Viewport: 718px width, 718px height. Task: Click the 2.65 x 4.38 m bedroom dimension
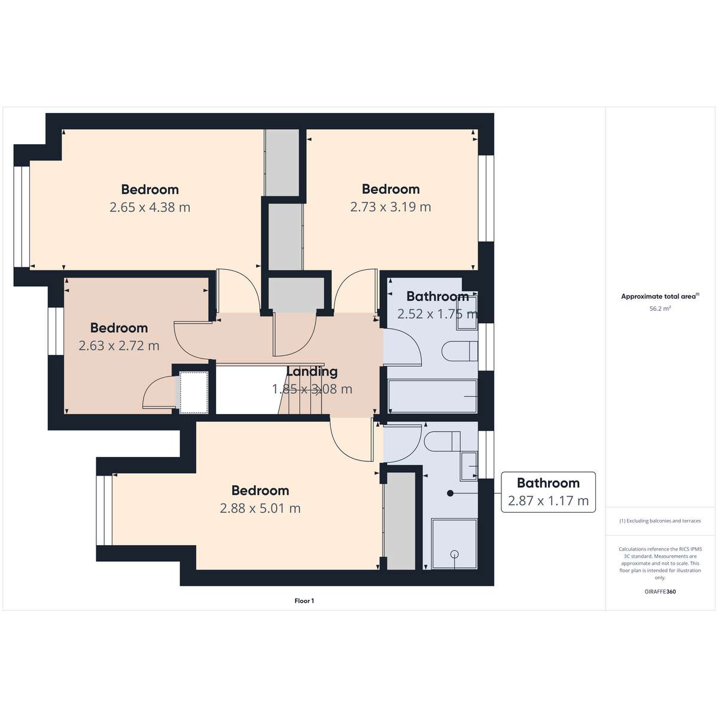pyautogui.click(x=150, y=207)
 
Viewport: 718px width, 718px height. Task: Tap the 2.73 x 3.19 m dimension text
pyautogui.click(x=391, y=207)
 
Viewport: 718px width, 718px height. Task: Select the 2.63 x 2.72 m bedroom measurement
pyautogui.click(x=119, y=346)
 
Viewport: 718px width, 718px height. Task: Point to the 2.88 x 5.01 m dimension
pyautogui.click(x=260, y=508)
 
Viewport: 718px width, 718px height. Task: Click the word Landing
pyautogui.click(x=312, y=372)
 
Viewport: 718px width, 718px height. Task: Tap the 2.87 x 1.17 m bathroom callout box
pyautogui.click(x=548, y=492)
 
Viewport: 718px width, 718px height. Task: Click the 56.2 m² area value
pyautogui.click(x=660, y=309)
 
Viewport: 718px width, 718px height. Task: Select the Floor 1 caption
pyautogui.click(x=304, y=601)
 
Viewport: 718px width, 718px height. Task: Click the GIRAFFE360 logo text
pyautogui.click(x=660, y=591)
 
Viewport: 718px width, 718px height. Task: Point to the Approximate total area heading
pyautogui.click(x=660, y=297)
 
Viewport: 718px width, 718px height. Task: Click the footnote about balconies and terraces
pyautogui.click(x=660, y=521)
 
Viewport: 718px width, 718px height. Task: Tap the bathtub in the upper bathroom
pyautogui.click(x=433, y=397)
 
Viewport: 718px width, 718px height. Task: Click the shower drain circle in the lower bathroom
pyautogui.click(x=455, y=554)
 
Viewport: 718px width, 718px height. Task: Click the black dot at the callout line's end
pyautogui.click(x=450, y=493)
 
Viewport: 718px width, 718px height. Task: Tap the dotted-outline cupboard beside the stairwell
pyautogui.click(x=194, y=392)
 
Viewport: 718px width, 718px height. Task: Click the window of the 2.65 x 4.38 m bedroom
pyautogui.click(x=22, y=217)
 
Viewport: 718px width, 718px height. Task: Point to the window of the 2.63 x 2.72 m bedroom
pyautogui.click(x=56, y=331)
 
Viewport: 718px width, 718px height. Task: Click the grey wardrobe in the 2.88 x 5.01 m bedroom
pyautogui.click(x=401, y=521)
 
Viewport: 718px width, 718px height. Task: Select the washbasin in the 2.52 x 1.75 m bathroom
pyautogui.click(x=467, y=313)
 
